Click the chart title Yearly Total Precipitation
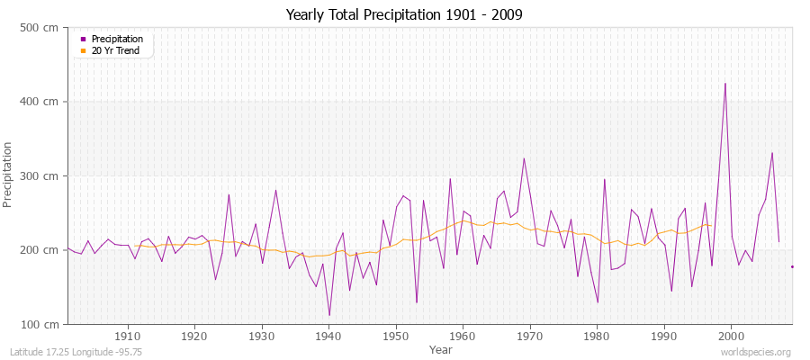(404, 15)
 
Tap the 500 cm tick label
(42, 27)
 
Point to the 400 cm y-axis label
(42, 102)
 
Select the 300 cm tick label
(42, 175)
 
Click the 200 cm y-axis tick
(42, 249)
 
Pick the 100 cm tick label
(42, 324)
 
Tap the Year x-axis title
(441, 349)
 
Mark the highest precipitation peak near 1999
(724, 84)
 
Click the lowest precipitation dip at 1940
(328, 315)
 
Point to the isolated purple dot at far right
(792, 266)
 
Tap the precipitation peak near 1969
(524, 158)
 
